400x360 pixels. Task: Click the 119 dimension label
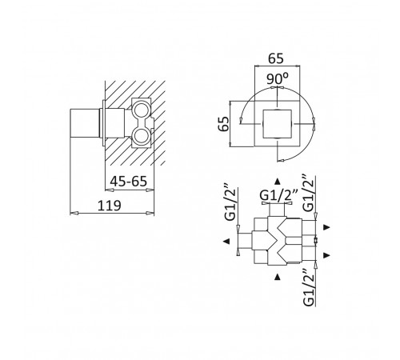click(110, 206)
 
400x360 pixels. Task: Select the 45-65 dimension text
click(129, 182)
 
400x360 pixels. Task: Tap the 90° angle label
click(278, 78)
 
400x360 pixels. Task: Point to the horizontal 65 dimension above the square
click(276, 58)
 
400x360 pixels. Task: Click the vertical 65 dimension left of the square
click(224, 123)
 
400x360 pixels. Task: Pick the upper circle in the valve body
click(140, 109)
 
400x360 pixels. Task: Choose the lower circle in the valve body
click(140, 135)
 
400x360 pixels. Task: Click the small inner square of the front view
click(278, 124)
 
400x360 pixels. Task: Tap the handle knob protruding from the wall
click(85, 122)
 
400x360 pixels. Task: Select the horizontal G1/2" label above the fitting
click(278, 196)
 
